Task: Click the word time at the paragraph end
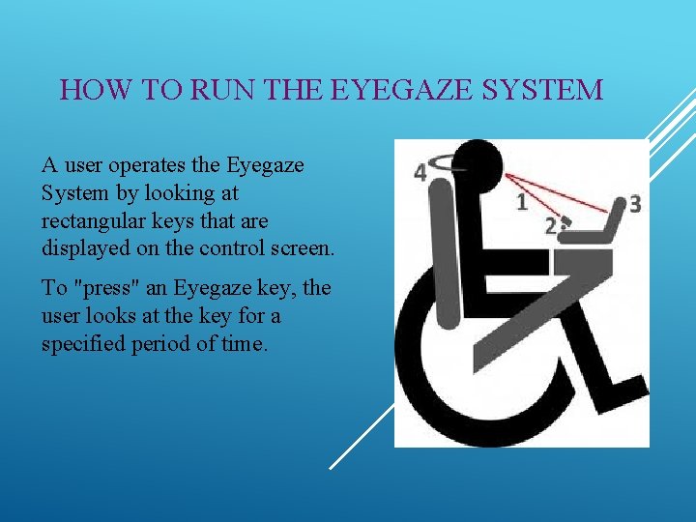[x=240, y=343]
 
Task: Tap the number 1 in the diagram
[x=522, y=202]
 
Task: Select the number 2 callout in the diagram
[x=550, y=225]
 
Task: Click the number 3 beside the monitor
[x=635, y=203]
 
